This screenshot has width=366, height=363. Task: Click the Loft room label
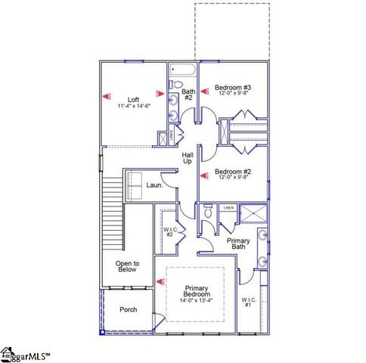coord(133,99)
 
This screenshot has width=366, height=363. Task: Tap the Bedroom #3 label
coord(232,87)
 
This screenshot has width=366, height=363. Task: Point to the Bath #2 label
coord(188,95)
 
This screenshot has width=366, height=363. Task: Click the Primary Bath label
coord(237,244)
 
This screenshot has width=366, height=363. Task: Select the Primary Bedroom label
coord(197,292)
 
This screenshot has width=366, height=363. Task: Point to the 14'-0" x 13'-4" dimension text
coord(197,301)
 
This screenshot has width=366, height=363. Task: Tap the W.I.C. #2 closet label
coord(170,231)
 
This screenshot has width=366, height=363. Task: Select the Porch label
coord(129,310)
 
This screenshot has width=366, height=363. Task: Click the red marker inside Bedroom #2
coord(203,175)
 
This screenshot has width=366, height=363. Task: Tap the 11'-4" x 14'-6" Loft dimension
coord(133,107)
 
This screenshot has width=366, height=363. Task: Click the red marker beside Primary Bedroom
coord(160,282)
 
